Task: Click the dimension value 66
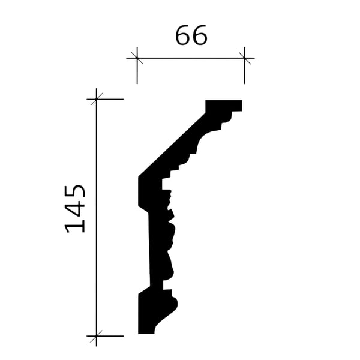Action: [x=191, y=35]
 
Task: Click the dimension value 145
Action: [x=75, y=209]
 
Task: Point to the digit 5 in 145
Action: [x=75, y=193]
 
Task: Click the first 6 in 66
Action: [x=183, y=35]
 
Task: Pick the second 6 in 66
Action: [x=200, y=35]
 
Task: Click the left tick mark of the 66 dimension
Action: [x=137, y=58]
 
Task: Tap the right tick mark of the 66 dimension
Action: [x=245, y=58]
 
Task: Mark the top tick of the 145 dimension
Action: [x=97, y=99]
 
